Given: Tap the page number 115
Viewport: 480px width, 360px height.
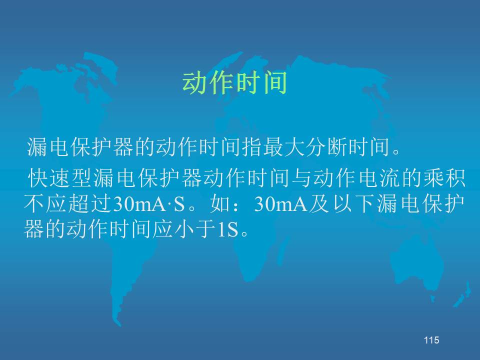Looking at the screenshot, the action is tap(431, 340).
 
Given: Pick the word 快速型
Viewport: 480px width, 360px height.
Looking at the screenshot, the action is tap(60, 178).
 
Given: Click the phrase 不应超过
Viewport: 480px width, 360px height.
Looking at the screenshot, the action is tap(67, 204).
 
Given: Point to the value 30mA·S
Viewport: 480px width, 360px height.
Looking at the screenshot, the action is tap(149, 204).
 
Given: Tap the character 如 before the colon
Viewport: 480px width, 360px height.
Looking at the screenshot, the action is tap(220, 204).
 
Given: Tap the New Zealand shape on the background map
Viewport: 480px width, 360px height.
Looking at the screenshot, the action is tap(462, 294).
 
